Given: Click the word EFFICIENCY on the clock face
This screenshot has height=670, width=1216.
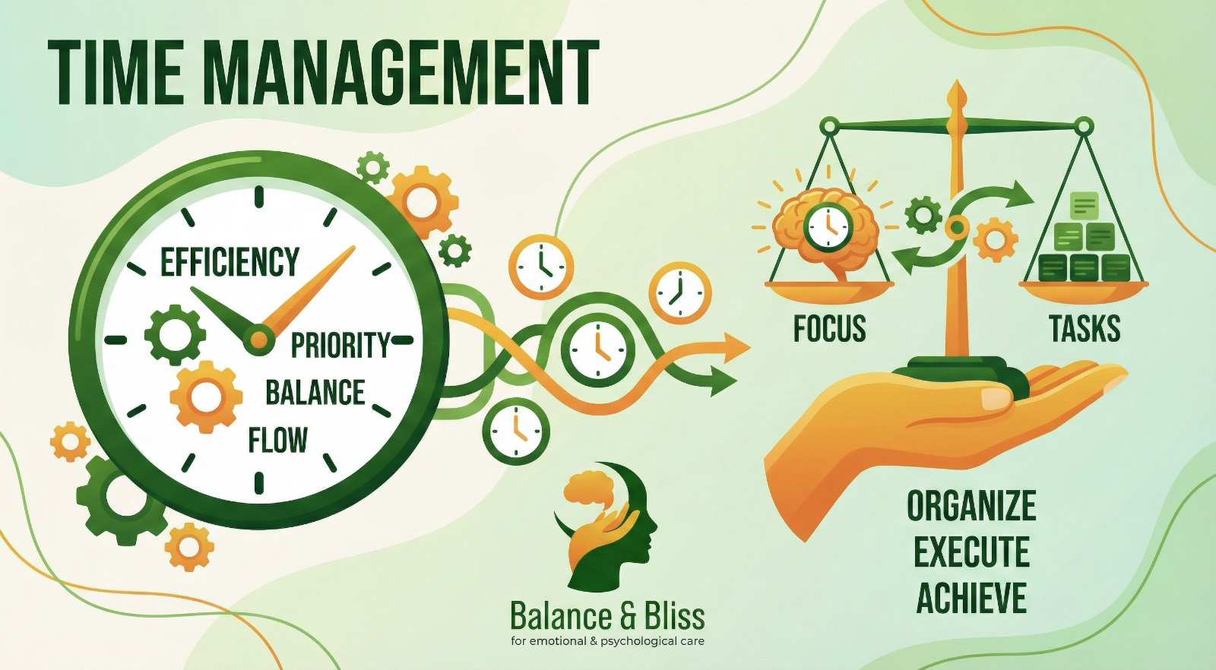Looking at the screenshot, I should click(230, 262).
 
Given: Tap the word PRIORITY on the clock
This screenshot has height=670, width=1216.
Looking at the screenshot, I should click(340, 346).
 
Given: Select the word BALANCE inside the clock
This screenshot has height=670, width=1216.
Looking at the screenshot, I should click(315, 393).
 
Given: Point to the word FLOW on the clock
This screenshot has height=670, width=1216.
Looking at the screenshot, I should click(277, 441).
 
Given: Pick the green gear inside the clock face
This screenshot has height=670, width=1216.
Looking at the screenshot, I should click(175, 334).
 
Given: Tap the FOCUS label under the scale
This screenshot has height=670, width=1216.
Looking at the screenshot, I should click(829, 329).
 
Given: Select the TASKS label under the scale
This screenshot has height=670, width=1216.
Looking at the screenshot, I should click(1085, 329).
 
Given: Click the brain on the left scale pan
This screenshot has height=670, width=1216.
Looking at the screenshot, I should click(827, 228).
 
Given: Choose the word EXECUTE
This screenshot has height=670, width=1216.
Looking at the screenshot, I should click(971, 552).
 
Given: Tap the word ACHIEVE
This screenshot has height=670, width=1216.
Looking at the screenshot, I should click(971, 598).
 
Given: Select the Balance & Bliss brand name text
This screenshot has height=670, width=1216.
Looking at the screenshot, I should click(607, 616).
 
